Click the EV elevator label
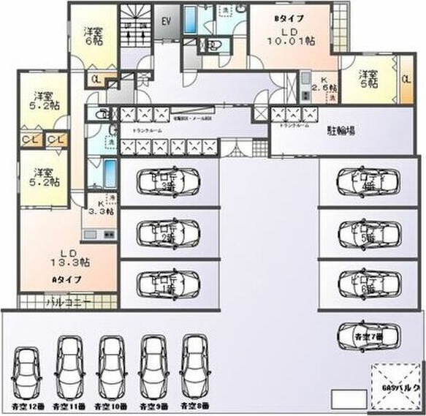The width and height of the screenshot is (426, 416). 166,21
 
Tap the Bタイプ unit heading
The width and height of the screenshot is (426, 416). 289,16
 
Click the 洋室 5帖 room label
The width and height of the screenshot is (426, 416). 368,78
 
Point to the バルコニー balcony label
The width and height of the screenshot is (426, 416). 67,301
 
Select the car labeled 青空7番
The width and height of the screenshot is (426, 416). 364,336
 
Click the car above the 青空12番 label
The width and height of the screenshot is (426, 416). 27,370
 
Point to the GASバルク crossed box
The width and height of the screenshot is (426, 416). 395,383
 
